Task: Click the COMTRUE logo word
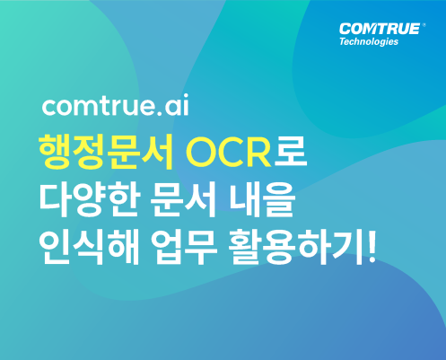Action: pyautogui.click(x=380, y=29)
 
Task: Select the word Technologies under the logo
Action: pyautogui.click(x=369, y=41)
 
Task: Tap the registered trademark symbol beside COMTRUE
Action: pyautogui.click(x=424, y=25)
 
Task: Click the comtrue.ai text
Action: pyautogui.click(x=116, y=105)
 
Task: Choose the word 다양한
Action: pyautogui.click(x=90, y=198)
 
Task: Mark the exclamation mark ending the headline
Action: pyautogui.click(x=371, y=246)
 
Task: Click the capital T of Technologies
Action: pyautogui.click(x=343, y=40)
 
